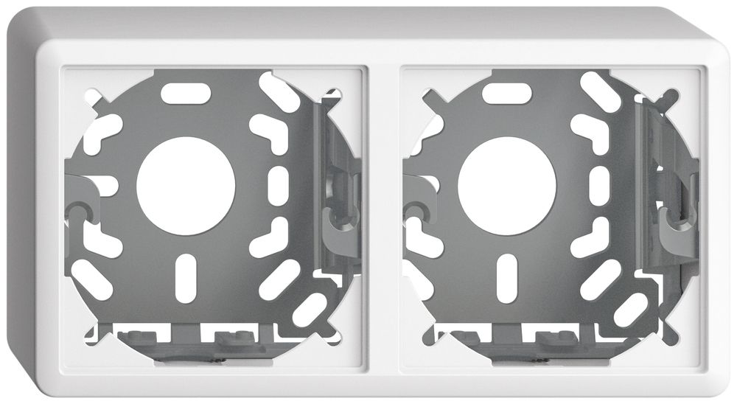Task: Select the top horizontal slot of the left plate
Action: point(186,94)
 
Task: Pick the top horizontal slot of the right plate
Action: point(506,94)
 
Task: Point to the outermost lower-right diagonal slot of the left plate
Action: point(312,310)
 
